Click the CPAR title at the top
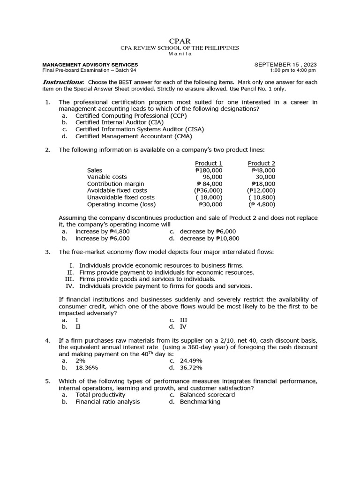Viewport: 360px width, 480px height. click(x=180, y=41)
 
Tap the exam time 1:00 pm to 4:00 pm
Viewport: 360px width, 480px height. click(x=293, y=70)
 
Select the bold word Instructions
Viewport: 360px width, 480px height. click(x=60, y=82)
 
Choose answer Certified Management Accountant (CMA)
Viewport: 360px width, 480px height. click(x=134, y=136)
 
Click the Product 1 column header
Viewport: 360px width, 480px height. click(x=209, y=163)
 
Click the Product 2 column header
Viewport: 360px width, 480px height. click(x=262, y=163)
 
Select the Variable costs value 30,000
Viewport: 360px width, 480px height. click(x=265, y=177)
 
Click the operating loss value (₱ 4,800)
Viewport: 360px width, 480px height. click(x=262, y=204)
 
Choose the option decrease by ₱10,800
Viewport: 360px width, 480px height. click(x=208, y=238)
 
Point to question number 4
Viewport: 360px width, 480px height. click(x=47, y=340)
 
